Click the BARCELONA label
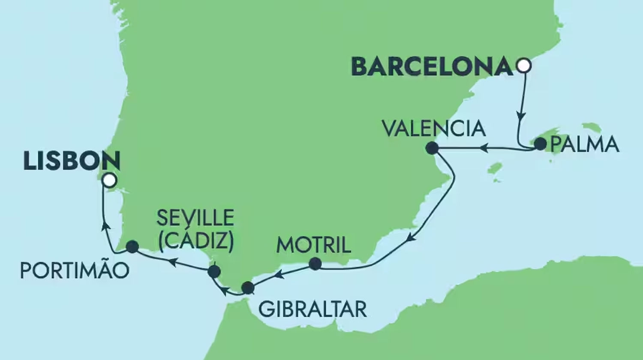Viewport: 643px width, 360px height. (432, 67)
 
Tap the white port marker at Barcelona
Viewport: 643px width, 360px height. (524, 66)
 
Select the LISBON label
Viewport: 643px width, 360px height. (72, 161)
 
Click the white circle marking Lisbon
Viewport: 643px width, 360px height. (110, 180)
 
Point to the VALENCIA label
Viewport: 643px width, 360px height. (433, 129)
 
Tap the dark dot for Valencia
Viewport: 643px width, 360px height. (432, 148)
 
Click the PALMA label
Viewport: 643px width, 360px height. (585, 145)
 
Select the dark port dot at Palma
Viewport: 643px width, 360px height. (541, 144)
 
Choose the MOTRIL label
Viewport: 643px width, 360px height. (314, 245)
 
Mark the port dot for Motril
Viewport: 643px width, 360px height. (315, 264)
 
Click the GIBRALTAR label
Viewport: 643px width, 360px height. (312, 309)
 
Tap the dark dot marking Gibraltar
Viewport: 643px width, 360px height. (248, 288)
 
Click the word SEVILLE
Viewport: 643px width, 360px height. (195, 218)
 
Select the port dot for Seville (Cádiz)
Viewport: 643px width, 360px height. (213, 271)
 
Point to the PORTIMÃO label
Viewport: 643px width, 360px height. (75, 271)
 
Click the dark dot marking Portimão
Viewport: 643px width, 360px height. (132, 246)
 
